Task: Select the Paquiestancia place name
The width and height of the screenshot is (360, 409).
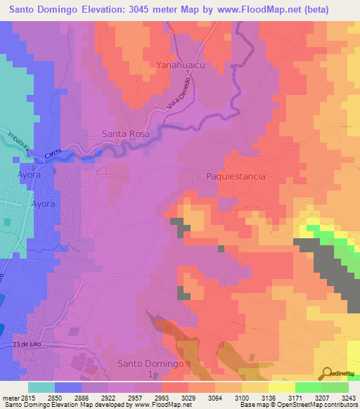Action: tap(236, 176)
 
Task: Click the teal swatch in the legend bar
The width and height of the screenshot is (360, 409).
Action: tap(41, 387)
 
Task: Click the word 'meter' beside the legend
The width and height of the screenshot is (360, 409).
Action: tap(8, 397)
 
